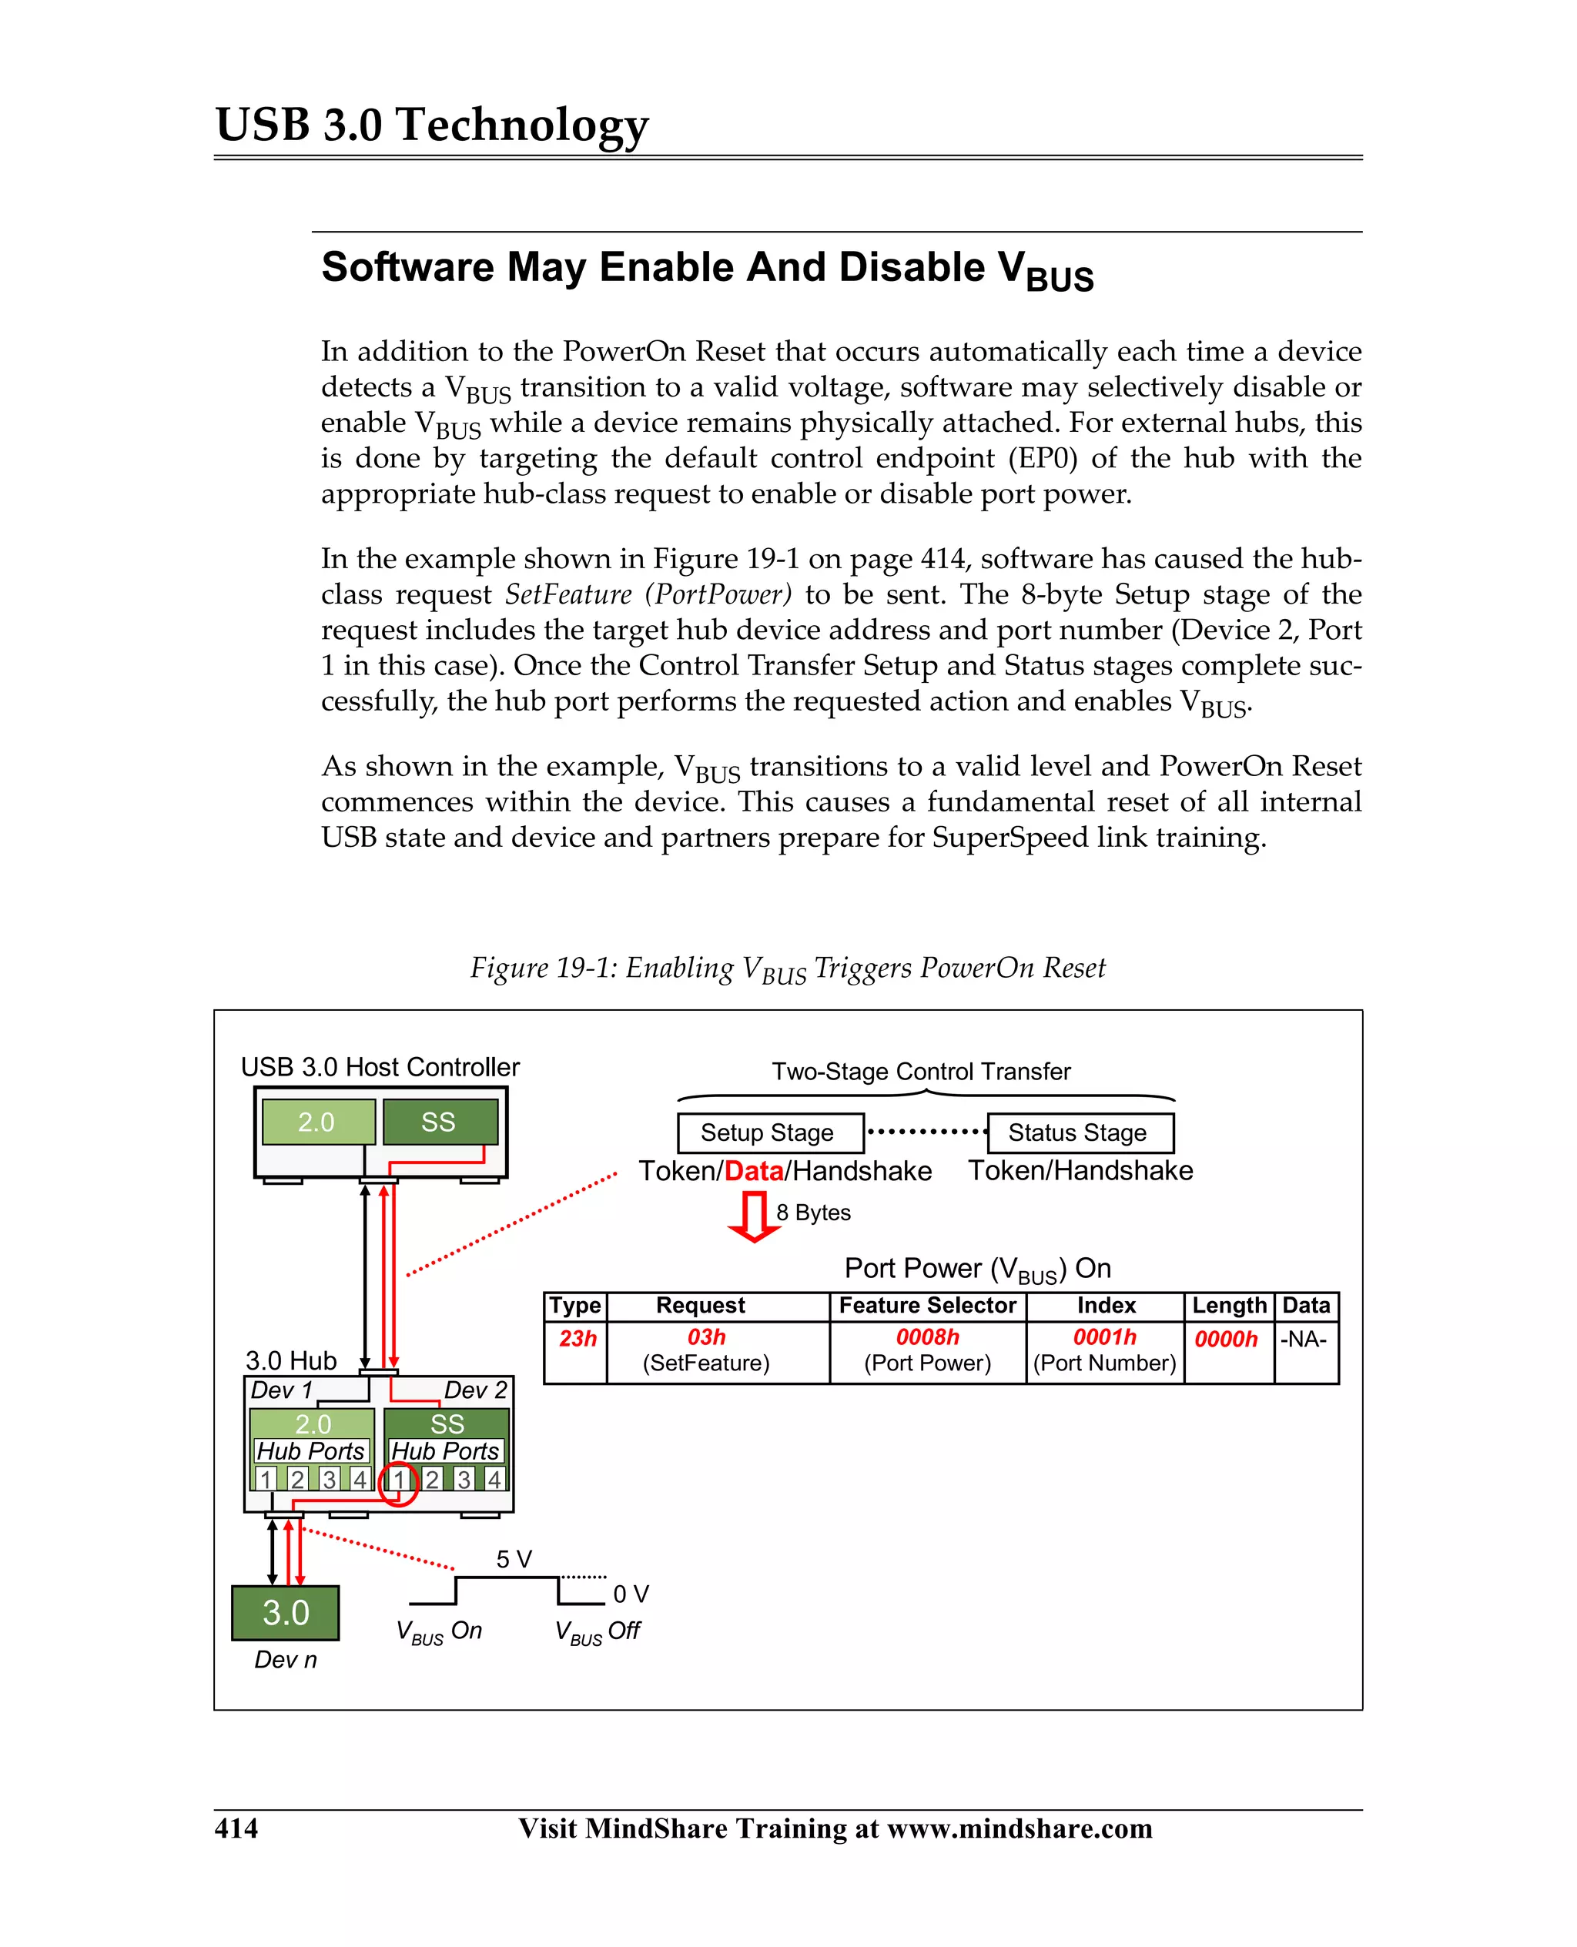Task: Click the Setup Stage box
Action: click(769, 1133)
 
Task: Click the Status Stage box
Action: click(1080, 1133)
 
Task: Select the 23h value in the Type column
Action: click(578, 1339)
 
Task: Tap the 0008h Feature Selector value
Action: click(927, 1336)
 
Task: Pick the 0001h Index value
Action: click(1105, 1336)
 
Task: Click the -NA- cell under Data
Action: click(1304, 1339)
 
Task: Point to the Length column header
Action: click(1229, 1306)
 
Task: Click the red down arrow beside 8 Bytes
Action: click(753, 1217)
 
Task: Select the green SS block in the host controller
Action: click(440, 1122)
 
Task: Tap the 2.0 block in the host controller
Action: click(318, 1122)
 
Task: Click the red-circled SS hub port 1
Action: click(398, 1480)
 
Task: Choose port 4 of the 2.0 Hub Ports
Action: click(360, 1480)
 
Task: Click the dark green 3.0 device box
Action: click(285, 1613)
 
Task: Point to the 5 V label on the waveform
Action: click(514, 1559)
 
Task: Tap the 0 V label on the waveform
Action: click(631, 1594)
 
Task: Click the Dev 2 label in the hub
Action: click(475, 1390)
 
